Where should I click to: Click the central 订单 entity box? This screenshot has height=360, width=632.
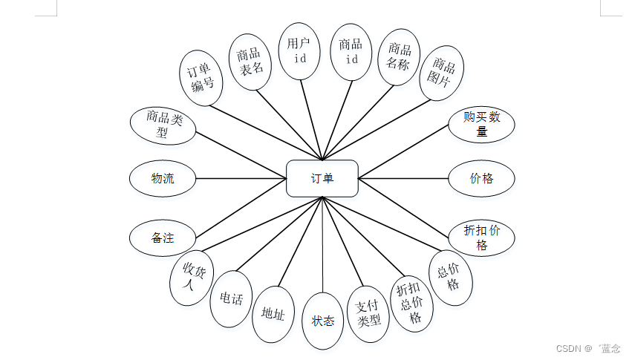pyautogui.click(x=322, y=178)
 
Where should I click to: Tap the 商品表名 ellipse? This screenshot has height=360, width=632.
pyautogui.click(x=250, y=61)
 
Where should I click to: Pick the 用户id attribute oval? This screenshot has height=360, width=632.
pyautogui.click(x=299, y=50)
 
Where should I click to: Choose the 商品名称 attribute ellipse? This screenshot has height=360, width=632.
pyautogui.click(x=399, y=57)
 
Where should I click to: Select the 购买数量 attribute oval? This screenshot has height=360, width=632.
pyautogui.click(x=481, y=125)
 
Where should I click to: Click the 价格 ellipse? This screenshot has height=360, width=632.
pyautogui.click(x=481, y=178)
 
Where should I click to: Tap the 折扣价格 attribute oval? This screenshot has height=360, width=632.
pyautogui.click(x=481, y=238)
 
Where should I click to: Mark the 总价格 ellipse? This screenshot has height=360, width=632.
pyautogui.click(x=450, y=278)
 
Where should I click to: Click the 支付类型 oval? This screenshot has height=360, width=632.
pyautogui.click(x=368, y=314)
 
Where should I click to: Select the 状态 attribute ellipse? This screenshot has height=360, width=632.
pyautogui.click(x=323, y=321)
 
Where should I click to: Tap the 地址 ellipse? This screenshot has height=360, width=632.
pyautogui.click(x=273, y=314)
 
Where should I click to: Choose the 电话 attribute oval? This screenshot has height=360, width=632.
pyautogui.click(x=230, y=298)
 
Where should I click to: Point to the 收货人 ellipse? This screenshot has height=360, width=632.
pyautogui.click(x=190, y=278)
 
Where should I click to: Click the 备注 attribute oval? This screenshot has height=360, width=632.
pyautogui.click(x=163, y=238)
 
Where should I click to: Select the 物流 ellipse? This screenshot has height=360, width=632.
pyautogui.click(x=163, y=178)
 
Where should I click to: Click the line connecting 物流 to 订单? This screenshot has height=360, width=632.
pyautogui.click(x=241, y=178)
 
